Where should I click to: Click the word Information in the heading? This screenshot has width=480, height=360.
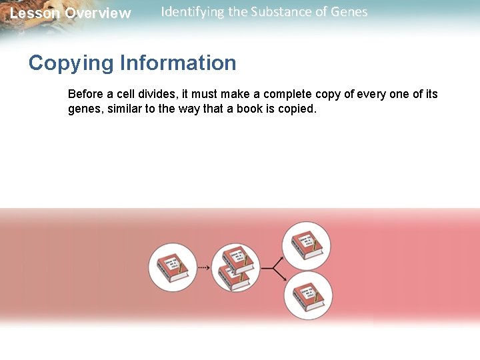(x=178, y=63)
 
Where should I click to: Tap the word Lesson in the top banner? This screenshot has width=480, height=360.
(x=35, y=13)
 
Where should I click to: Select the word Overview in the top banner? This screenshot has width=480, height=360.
(x=98, y=13)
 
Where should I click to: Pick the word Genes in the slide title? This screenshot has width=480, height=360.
(x=349, y=12)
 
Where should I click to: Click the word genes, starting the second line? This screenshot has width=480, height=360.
(x=85, y=109)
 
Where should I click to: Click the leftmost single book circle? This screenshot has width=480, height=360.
(x=172, y=267)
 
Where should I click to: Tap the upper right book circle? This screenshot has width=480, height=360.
(x=306, y=243)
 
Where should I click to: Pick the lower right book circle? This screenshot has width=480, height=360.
(x=307, y=295)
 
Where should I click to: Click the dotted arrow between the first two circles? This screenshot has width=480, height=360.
(x=203, y=268)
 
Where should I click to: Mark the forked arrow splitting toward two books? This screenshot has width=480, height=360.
(x=270, y=268)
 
